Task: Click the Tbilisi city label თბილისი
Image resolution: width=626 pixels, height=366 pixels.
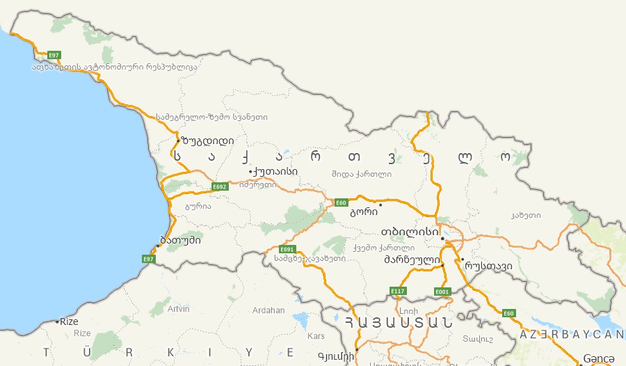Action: [x=410, y=231]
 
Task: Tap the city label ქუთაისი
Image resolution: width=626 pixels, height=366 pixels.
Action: [x=276, y=171]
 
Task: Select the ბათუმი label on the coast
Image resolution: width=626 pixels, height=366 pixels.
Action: [x=181, y=241]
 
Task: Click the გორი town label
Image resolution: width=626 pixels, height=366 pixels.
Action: [x=364, y=212]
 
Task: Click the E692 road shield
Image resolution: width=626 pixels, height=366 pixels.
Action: [x=220, y=186]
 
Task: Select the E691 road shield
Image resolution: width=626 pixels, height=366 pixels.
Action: [x=287, y=249]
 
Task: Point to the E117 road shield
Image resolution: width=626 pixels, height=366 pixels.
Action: [x=397, y=291]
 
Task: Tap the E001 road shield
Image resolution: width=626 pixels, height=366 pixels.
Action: [x=442, y=291]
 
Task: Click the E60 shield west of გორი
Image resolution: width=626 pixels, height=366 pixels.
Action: [x=341, y=202]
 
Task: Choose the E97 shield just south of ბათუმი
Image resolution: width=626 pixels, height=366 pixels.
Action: [x=148, y=259]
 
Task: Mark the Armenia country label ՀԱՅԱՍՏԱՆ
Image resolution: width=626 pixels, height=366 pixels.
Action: [x=398, y=322]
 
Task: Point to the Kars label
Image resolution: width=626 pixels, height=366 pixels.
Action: [x=316, y=336]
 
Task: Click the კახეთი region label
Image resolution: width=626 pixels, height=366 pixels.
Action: [x=525, y=216]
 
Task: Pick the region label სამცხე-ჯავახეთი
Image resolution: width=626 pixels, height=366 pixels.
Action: [x=310, y=258]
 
